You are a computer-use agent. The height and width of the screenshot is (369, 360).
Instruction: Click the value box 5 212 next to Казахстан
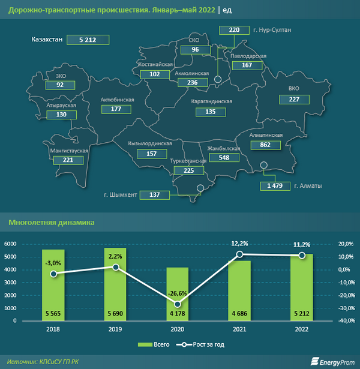pyautogui.click(x=92, y=40)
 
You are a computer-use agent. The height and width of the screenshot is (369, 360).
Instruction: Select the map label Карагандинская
pyautogui.click(x=211, y=103)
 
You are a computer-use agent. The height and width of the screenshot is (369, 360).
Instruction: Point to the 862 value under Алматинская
pyautogui.click(x=265, y=145)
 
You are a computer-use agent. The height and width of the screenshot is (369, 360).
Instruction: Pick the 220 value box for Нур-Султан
pyautogui.click(x=234, y=29)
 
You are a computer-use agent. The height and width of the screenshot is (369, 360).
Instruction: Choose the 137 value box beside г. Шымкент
pyautogui.click(x=155, y=195)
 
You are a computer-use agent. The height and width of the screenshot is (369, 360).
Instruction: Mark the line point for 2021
pyautogui.click(x=240, y=254)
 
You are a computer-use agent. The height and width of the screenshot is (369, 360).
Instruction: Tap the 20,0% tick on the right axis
pyautogui.click(x=346, y=244)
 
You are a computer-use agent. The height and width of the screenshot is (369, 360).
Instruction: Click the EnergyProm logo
pyautogui.click(x=331, y=361)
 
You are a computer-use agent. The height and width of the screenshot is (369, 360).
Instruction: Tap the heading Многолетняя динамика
pyautogui.click(x=52, y=222)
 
